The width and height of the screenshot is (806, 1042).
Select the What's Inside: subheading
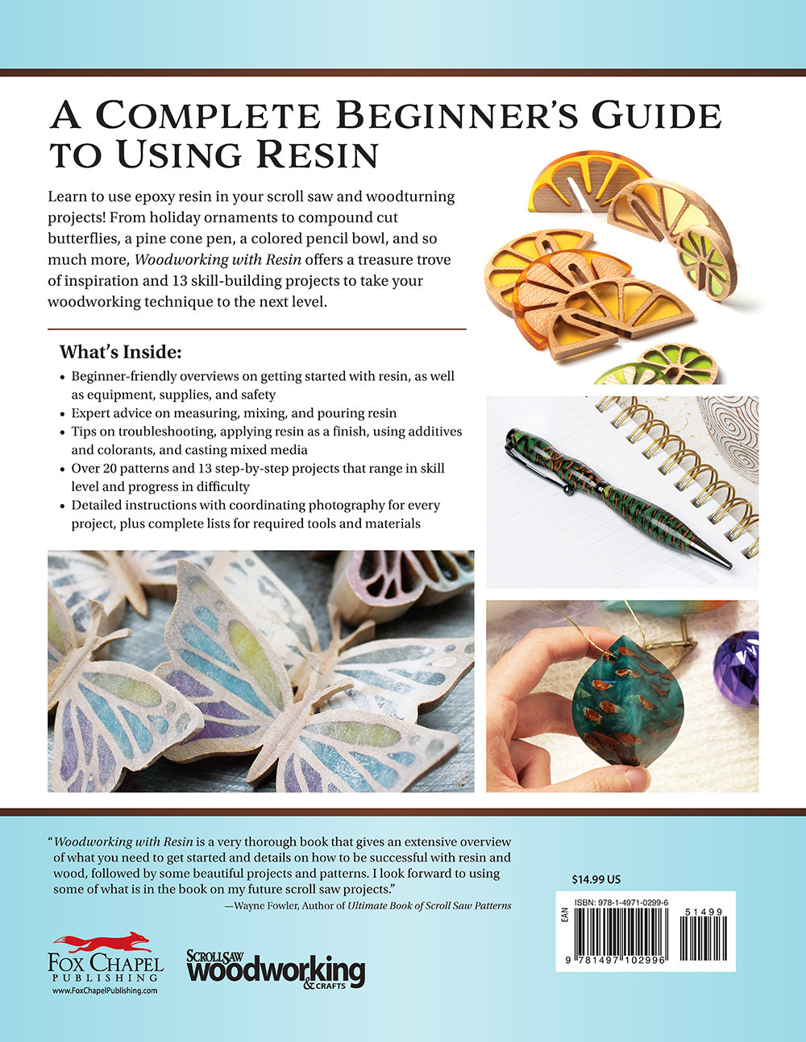(121, 353)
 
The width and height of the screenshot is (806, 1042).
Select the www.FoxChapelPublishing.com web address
(105, 990)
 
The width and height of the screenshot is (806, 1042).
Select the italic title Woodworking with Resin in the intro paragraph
(214, 260)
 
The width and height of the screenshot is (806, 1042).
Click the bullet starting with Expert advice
(234, 413)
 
